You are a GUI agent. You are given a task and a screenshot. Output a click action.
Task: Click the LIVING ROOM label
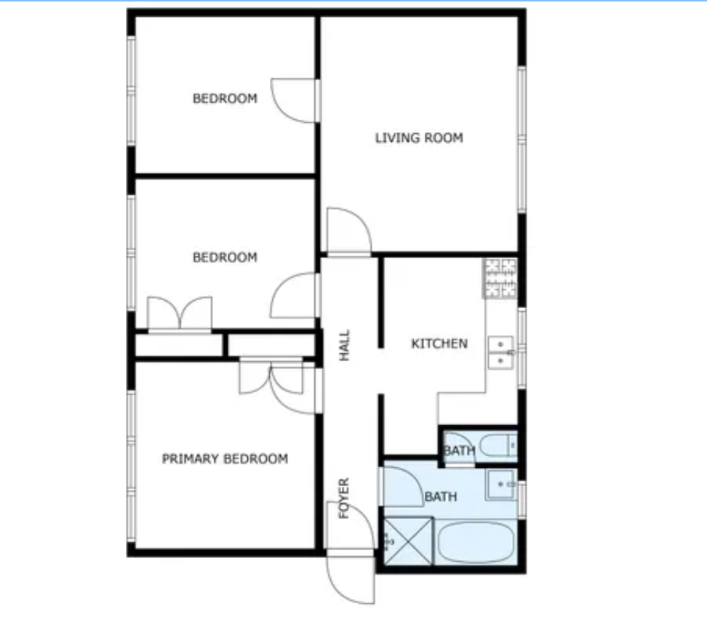click(419, 138)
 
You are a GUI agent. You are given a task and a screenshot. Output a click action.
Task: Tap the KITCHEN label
click(439, 344)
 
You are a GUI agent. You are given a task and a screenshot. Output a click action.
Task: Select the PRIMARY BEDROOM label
click(225, 459)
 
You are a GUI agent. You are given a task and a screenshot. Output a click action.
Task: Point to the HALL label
click(345, 345)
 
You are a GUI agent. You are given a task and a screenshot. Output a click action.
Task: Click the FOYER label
click(344, 498)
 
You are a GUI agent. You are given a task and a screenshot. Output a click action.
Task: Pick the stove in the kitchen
click(500, 278)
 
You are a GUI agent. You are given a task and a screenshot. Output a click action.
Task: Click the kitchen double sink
click(501, 352)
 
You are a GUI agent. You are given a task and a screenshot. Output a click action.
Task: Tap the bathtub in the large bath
click(476, 542)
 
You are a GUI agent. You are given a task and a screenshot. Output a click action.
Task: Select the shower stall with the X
click(407, 541)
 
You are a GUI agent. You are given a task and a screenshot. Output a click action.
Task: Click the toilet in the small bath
click(498, 446)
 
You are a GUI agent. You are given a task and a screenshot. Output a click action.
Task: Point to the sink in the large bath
click(501, 484)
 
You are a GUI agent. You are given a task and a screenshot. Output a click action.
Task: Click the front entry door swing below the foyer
click(351, 579)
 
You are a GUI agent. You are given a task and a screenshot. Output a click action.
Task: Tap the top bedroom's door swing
click(293, 100)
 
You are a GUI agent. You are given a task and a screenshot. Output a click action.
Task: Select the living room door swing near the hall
click(348, 231)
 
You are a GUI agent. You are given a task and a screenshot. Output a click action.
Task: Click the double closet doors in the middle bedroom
click(180, 313)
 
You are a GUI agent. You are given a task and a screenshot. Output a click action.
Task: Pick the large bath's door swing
click(403, 487)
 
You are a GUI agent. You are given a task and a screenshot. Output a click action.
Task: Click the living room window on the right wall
click(522, 140)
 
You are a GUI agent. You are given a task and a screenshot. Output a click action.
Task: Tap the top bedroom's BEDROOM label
click(225, 98)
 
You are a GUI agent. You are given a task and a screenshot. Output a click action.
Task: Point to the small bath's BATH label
click(460, 451)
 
